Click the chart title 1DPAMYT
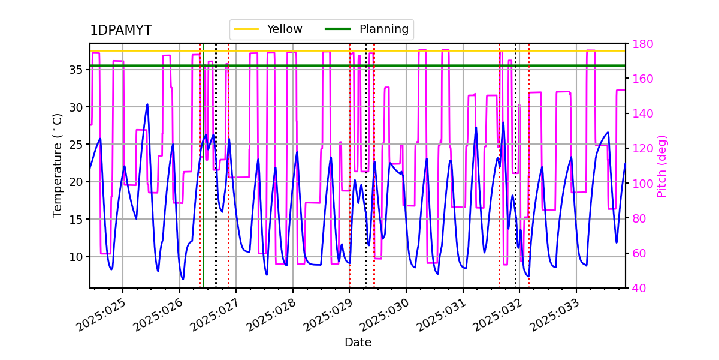point(120,31)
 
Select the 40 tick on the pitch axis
point(638,288)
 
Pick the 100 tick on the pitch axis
point(642,184)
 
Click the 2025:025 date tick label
point(102,315)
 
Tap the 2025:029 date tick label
point(328,315)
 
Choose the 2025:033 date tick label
point(555,315)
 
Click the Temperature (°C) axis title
point(58,165)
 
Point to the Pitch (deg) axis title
point(662,166)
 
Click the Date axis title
point(358,343)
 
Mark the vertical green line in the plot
point(203,180)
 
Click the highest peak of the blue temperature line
point(147,104)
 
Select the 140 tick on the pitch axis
point(642,114)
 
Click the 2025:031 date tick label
point(442,315)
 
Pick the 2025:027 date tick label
point(215,315)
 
